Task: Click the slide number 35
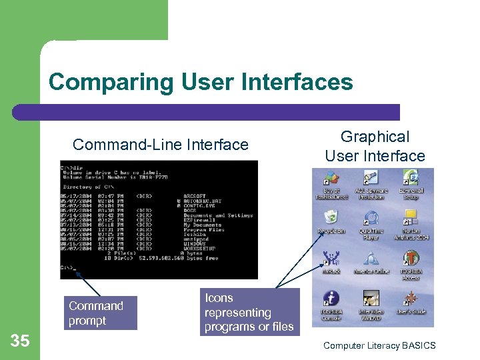click(x=21, y=341)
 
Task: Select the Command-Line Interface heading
click(x=160, y=145)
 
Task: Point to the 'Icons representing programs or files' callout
click(x=248, y=312)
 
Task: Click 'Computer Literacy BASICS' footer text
click(x=379, y=345)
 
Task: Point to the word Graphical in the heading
click(x=375, y=137)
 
